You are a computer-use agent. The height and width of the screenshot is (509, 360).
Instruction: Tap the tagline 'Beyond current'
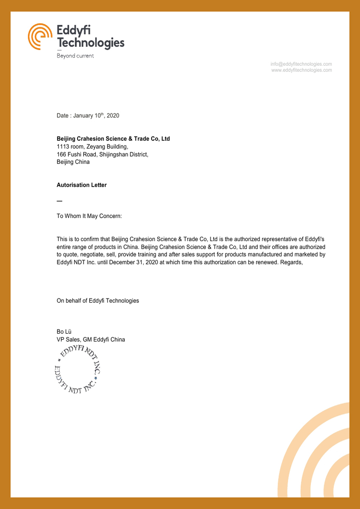click(75, 56)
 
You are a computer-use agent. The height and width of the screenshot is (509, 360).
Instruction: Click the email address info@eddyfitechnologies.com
click(301, 64)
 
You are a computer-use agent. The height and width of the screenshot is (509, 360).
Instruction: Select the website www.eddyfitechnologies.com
click(302, 70)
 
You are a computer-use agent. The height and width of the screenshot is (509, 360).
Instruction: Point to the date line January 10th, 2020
click(88, 116)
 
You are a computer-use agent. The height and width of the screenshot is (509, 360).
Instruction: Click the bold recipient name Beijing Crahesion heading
click(113, 139)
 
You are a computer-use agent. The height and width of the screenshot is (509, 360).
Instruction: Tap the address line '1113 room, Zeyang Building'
click(92, 147)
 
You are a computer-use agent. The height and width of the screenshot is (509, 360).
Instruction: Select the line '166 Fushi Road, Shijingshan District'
click(102, 154)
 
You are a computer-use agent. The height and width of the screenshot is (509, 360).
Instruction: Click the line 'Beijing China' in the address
click(73, 162)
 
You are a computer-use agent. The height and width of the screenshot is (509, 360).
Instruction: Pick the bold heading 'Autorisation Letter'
click(81, 185)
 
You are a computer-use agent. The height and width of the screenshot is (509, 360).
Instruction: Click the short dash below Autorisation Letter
click(59, 201)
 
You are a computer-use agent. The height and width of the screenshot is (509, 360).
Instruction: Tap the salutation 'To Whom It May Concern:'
click(89, 216)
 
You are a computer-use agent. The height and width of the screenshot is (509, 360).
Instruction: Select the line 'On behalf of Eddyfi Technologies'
click(98, 300)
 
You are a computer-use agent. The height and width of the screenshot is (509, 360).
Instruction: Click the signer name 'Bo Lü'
click(64, 332)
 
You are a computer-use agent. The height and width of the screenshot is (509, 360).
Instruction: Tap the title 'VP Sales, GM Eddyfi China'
click(91, 340)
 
